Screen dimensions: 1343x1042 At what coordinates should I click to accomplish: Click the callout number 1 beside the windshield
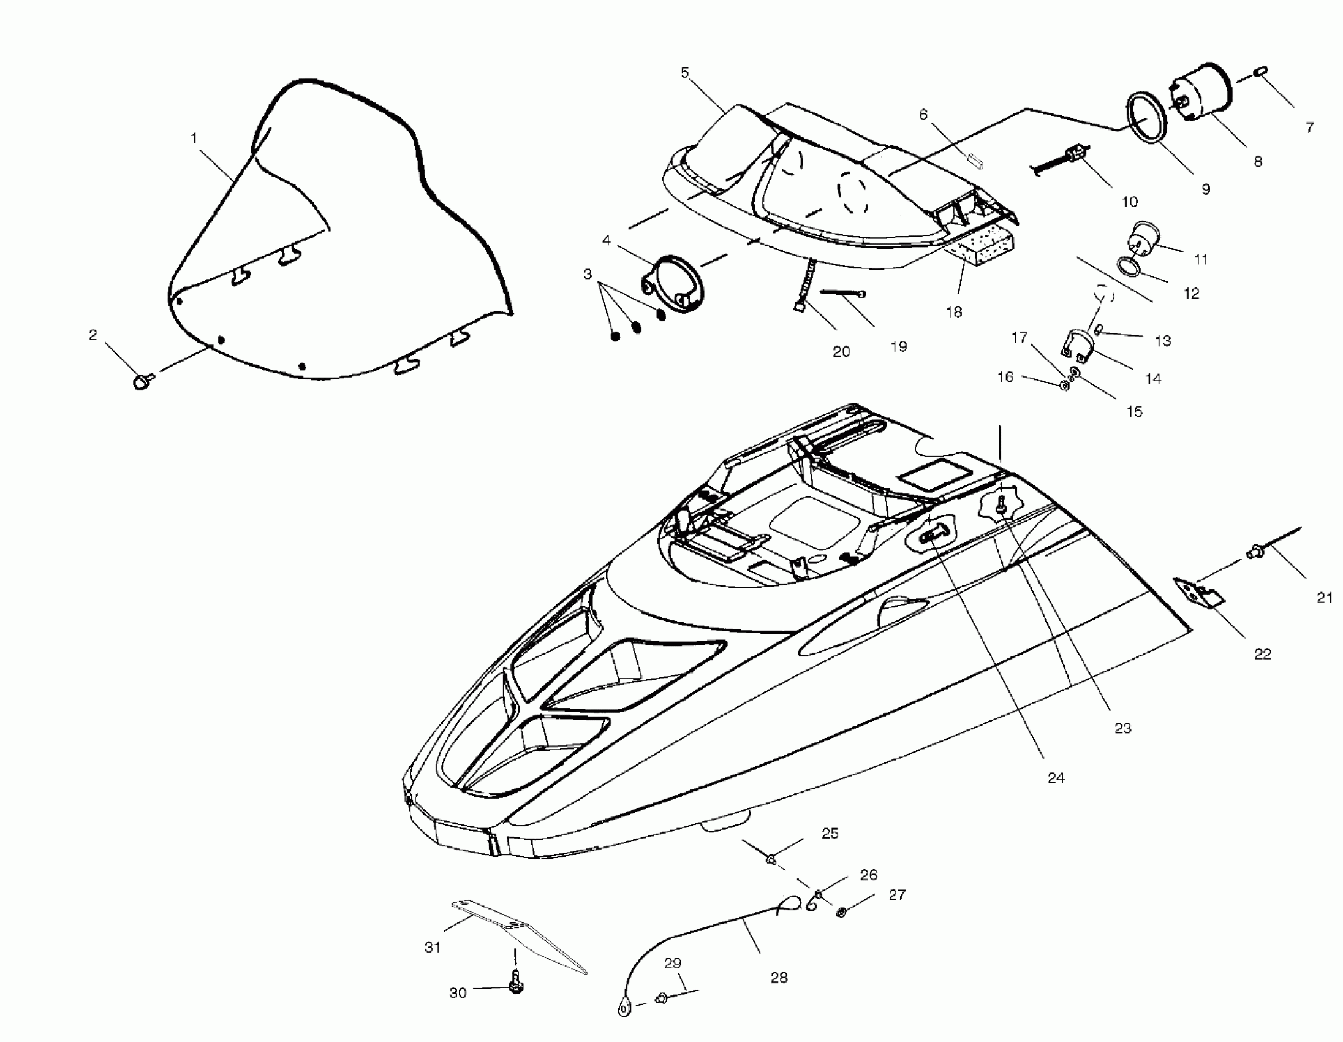194,139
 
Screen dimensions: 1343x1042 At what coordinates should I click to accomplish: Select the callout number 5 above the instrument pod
685,73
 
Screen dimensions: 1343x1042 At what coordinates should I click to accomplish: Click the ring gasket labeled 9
1146,118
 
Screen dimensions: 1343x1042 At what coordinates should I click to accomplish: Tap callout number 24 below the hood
1056,778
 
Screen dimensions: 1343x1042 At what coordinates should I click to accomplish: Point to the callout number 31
433,947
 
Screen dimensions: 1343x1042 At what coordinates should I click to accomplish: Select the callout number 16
1005,377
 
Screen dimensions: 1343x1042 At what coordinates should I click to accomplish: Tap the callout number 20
841,352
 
